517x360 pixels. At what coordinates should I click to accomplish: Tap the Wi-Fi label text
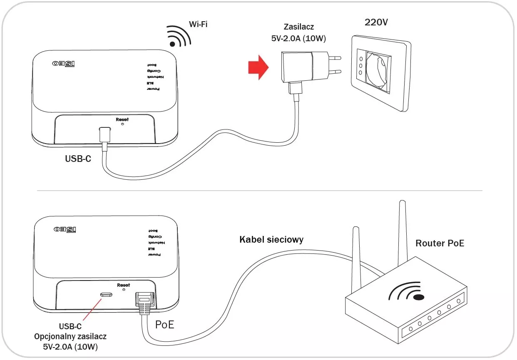point(198,25)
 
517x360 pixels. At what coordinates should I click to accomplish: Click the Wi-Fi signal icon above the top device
point(178,37)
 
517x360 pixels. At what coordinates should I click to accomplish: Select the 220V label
point(376,22)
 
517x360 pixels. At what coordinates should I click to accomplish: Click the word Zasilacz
point(298,27)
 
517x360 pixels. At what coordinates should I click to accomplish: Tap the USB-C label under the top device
point(78,159)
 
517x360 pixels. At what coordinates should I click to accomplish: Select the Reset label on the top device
point(122,119)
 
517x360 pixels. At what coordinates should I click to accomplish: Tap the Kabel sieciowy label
point(271,240)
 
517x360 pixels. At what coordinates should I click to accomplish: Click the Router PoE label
point(440,243)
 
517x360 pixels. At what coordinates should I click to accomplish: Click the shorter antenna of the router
point(355,258)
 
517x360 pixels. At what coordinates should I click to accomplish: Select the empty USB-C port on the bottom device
point(107,295)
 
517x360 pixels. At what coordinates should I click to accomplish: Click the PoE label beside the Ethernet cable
point(164,325)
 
